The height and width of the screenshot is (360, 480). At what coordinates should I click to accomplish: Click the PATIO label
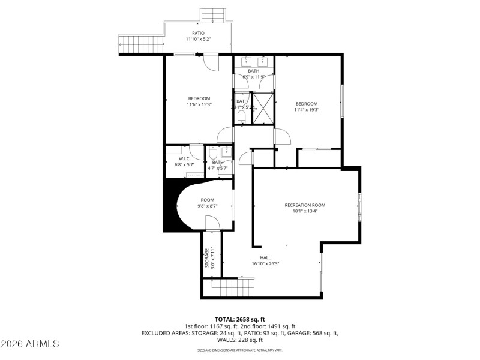[x=198, y=33]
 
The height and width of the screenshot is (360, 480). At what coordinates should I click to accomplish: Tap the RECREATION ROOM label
[x=309, y=205]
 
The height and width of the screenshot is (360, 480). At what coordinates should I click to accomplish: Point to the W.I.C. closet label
[x=184, y=158]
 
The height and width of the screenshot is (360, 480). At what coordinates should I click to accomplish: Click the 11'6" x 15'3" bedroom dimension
[x=199, y=104]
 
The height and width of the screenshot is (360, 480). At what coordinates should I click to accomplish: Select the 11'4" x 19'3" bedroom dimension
[x=306, y=110]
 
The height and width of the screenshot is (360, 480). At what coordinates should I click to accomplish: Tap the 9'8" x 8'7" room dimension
[x=207, y=206]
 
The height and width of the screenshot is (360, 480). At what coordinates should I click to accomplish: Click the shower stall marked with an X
[x=262, y=107]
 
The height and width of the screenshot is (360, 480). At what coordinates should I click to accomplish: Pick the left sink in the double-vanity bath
[x=247, y=61]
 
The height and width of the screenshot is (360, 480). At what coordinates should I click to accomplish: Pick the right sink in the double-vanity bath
[x=263, y=61]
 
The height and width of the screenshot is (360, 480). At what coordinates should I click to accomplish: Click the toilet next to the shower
[x=241, y=116]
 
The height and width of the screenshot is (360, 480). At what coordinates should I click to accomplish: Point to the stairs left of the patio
[x=142, y=44]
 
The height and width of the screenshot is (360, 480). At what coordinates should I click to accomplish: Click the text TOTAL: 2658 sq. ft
[x=239, y=319]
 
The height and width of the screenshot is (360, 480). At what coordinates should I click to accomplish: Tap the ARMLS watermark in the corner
[x=30, y=344]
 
